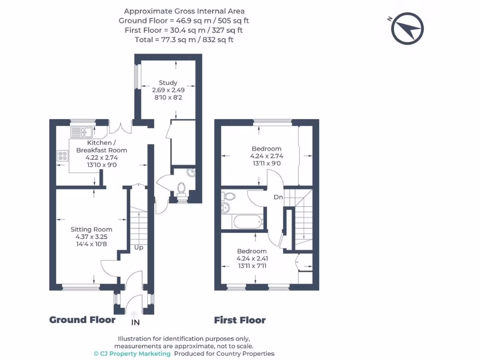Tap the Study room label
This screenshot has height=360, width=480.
click(168, 83)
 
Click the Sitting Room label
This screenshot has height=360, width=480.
click(91, 229)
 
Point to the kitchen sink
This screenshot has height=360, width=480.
click(82, 131)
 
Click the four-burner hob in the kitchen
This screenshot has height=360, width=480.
click(62, 156)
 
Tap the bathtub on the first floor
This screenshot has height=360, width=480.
click(242, 222)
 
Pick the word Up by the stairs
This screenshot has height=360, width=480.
click(139, 247)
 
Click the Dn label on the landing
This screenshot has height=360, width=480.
click(278, 197)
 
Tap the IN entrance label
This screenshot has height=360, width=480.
click(135, 322)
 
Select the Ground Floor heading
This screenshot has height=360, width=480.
click(82, 320)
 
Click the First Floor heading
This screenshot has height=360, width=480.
click(240, 321)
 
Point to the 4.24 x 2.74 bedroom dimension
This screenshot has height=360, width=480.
click(266, 156)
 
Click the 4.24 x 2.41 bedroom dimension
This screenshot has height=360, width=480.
click(252, 258)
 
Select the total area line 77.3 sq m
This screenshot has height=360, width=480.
click(184, 40)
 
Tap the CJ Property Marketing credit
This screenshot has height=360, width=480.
click(132, 354)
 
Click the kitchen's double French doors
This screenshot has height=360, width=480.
click(121, 128)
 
